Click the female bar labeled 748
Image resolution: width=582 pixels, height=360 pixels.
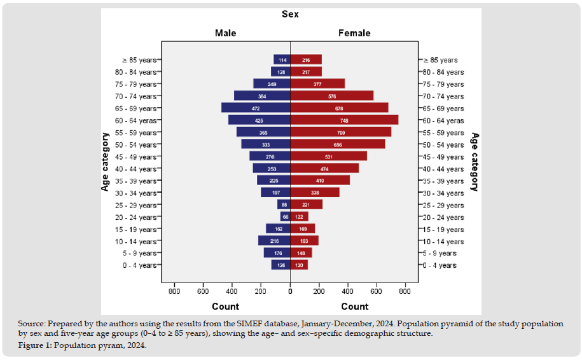click(x=343, y=120)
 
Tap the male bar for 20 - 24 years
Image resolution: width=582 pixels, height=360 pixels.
click(x=286, y=217)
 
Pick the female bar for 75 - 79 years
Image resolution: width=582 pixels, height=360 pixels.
click(x=317, y=84)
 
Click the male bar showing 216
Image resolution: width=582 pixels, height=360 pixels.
click(x=274, y=241)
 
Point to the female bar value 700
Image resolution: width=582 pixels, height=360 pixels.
click(x=340, y=132)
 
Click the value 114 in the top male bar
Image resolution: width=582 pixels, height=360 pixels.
click(x=282, y=60)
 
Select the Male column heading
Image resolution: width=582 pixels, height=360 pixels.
click(x=226, y=33)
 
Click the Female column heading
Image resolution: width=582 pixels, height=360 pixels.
click(x=354, y=33)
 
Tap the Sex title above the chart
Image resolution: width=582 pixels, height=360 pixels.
click(x=291, y=14)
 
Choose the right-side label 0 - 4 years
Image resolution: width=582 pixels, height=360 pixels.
click(x=440, y=265)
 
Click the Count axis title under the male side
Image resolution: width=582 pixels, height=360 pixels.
click(x=226, y=306)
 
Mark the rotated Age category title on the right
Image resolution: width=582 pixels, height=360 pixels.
click(x=475, y=162)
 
